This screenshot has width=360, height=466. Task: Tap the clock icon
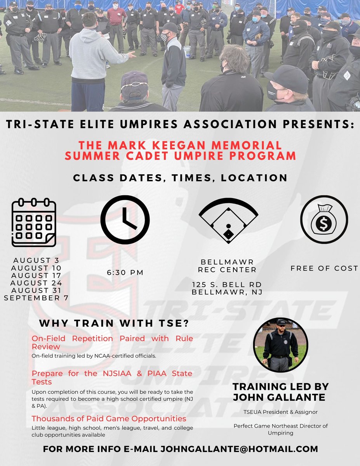125,219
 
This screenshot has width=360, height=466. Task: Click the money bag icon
324,219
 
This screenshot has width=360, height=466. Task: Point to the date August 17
37,275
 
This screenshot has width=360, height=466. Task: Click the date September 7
36,298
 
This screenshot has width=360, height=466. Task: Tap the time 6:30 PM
125,273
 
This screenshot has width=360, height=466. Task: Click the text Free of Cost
324,268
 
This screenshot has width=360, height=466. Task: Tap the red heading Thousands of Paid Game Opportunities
109,419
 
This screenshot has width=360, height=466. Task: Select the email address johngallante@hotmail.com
238,449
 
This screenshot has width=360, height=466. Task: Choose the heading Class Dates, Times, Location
180,178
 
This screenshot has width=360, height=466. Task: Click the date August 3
37,260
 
